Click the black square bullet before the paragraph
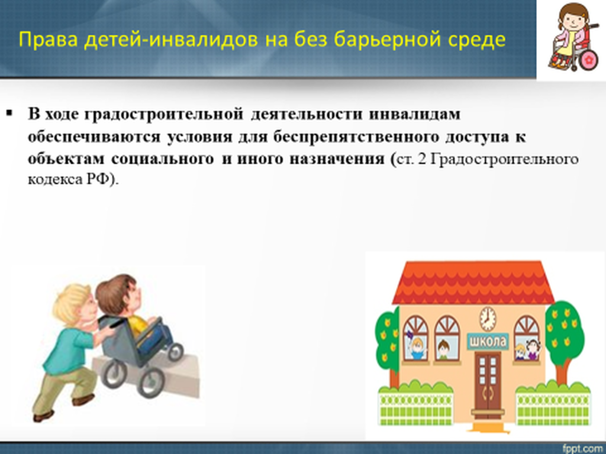[x=9, y=113]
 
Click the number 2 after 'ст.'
[x=421, y=159]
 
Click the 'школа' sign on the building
[x=488, y=342]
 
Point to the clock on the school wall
[x=488, y=319]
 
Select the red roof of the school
[x=474, y=282]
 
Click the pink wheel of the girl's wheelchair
[x=589, y=60]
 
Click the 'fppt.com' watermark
[x=584, y=449]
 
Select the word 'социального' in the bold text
[x=162, y=159]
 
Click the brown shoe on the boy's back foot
[x=43, y=416]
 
